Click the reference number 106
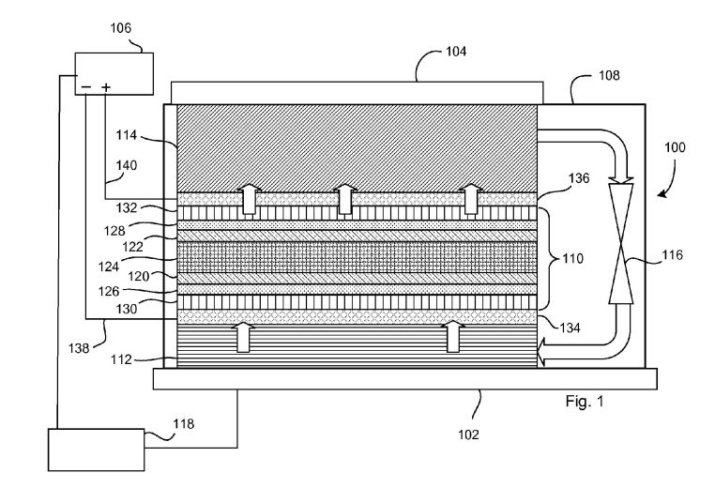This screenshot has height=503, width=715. pos(121,28)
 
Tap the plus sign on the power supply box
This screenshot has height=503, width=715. pos(106,86)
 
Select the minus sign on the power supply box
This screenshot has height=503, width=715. pos(86,86)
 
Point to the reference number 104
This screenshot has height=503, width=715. pos(456,52)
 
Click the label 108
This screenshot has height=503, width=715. pos(609,75)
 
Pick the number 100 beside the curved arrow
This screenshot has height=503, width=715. pos(675,147)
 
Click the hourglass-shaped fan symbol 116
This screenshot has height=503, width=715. pos(621,243)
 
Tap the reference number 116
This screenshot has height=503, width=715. pos(673,255)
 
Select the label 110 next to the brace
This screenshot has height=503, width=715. pos(572,259)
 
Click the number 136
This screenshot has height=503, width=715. pos(579,178)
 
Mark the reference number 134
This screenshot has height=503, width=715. pos(570,328)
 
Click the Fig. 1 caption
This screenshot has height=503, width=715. pos(585,402)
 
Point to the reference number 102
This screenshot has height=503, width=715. pos(469,434)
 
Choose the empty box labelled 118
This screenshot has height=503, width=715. pos(97,450)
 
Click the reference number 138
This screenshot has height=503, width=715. pos(79,348)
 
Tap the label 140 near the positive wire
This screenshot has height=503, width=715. pos(127,165)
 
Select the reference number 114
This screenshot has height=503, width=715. pos(127,135)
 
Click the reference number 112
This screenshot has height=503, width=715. pos(121,359)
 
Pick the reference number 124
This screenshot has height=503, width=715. pos(109,267)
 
